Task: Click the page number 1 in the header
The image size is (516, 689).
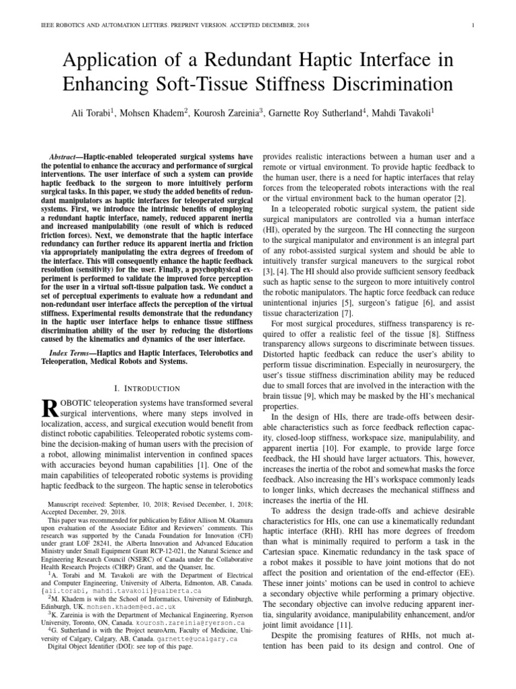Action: pos(474,26)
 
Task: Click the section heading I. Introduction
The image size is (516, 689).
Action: pos(147,388)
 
